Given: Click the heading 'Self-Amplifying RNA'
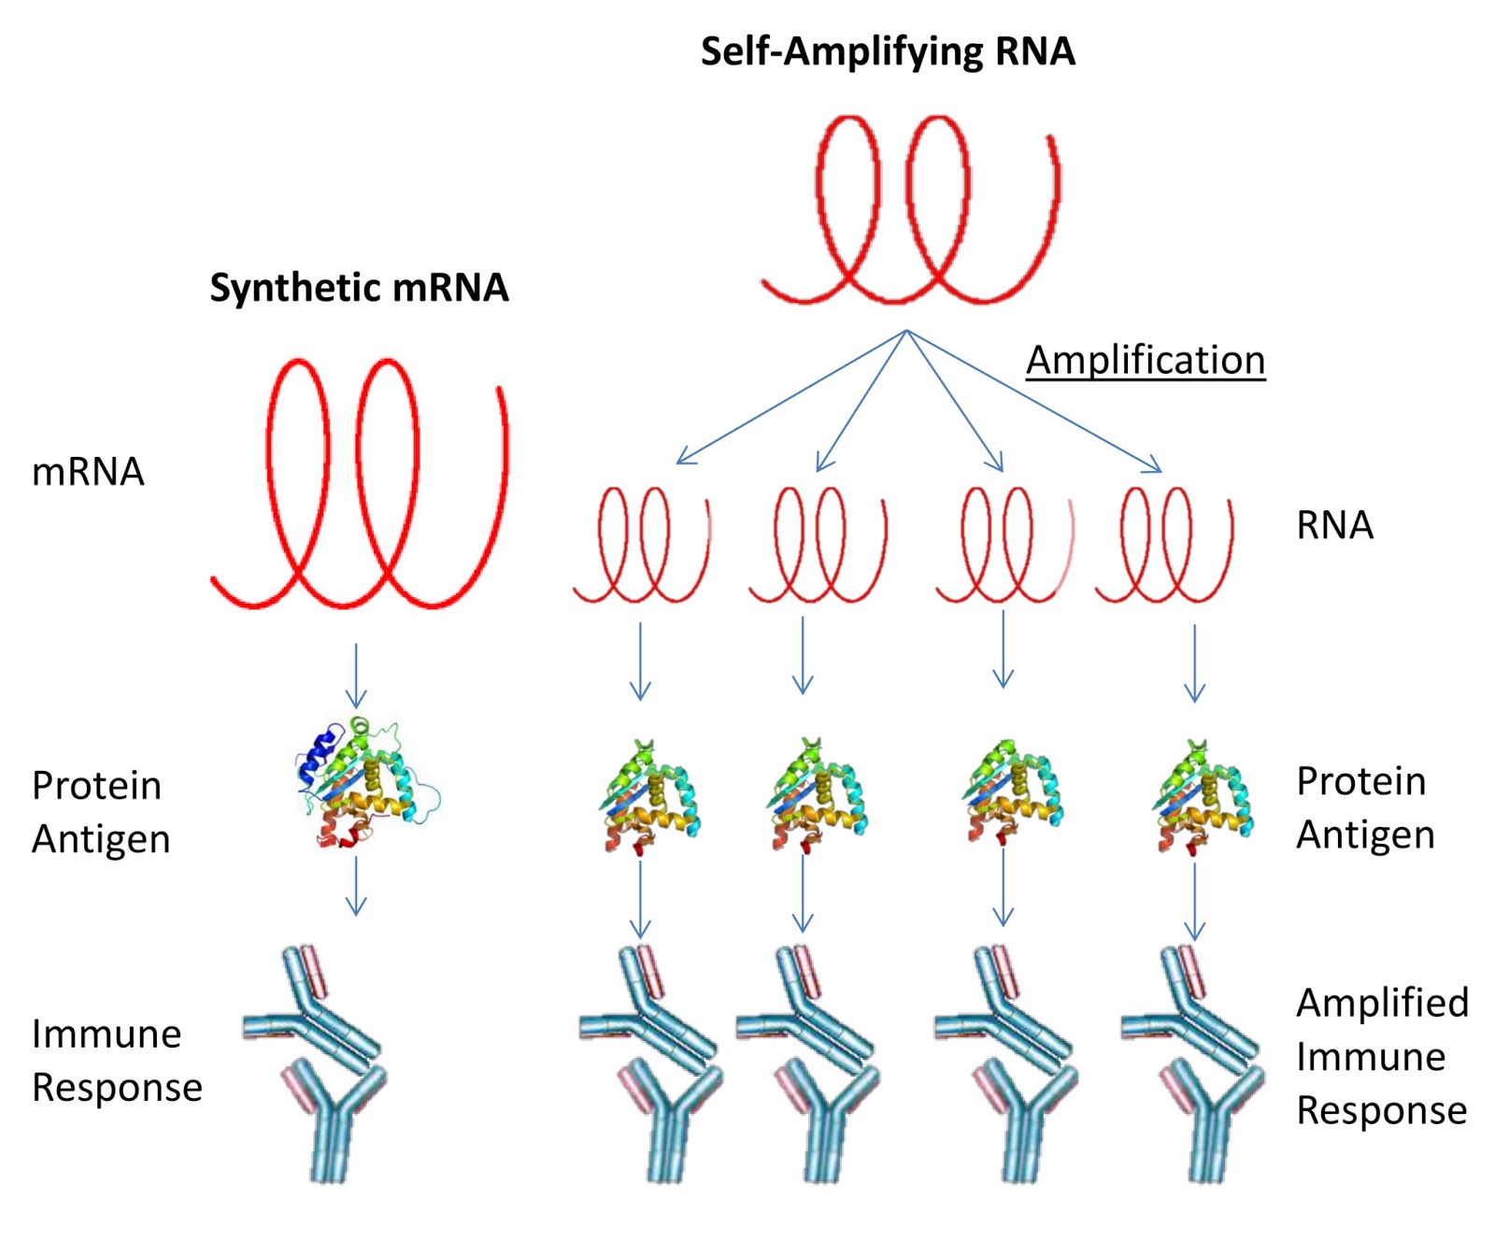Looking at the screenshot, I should coord(887,51).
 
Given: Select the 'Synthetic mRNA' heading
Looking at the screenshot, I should coord(359,288).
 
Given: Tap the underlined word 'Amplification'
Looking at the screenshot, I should coord(1145,361).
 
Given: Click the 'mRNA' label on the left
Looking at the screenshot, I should coord(88,472).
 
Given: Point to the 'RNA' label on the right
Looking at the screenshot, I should coord(1334,525).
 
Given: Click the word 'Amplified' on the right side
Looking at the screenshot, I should coord(1381,1003).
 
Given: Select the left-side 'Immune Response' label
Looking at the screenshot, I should coord(116,1061).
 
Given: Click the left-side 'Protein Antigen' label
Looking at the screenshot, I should coord(100,811).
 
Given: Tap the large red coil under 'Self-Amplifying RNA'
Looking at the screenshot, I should coord(911,210).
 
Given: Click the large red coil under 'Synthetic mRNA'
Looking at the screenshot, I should coord(360,486).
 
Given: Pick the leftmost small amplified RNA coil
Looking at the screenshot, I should coord(641,547).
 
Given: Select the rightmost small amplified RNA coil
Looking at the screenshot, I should coord(1164,547).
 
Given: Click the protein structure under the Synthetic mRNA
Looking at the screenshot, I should coord(364,783).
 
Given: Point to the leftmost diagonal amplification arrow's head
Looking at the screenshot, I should coord(683,458).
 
